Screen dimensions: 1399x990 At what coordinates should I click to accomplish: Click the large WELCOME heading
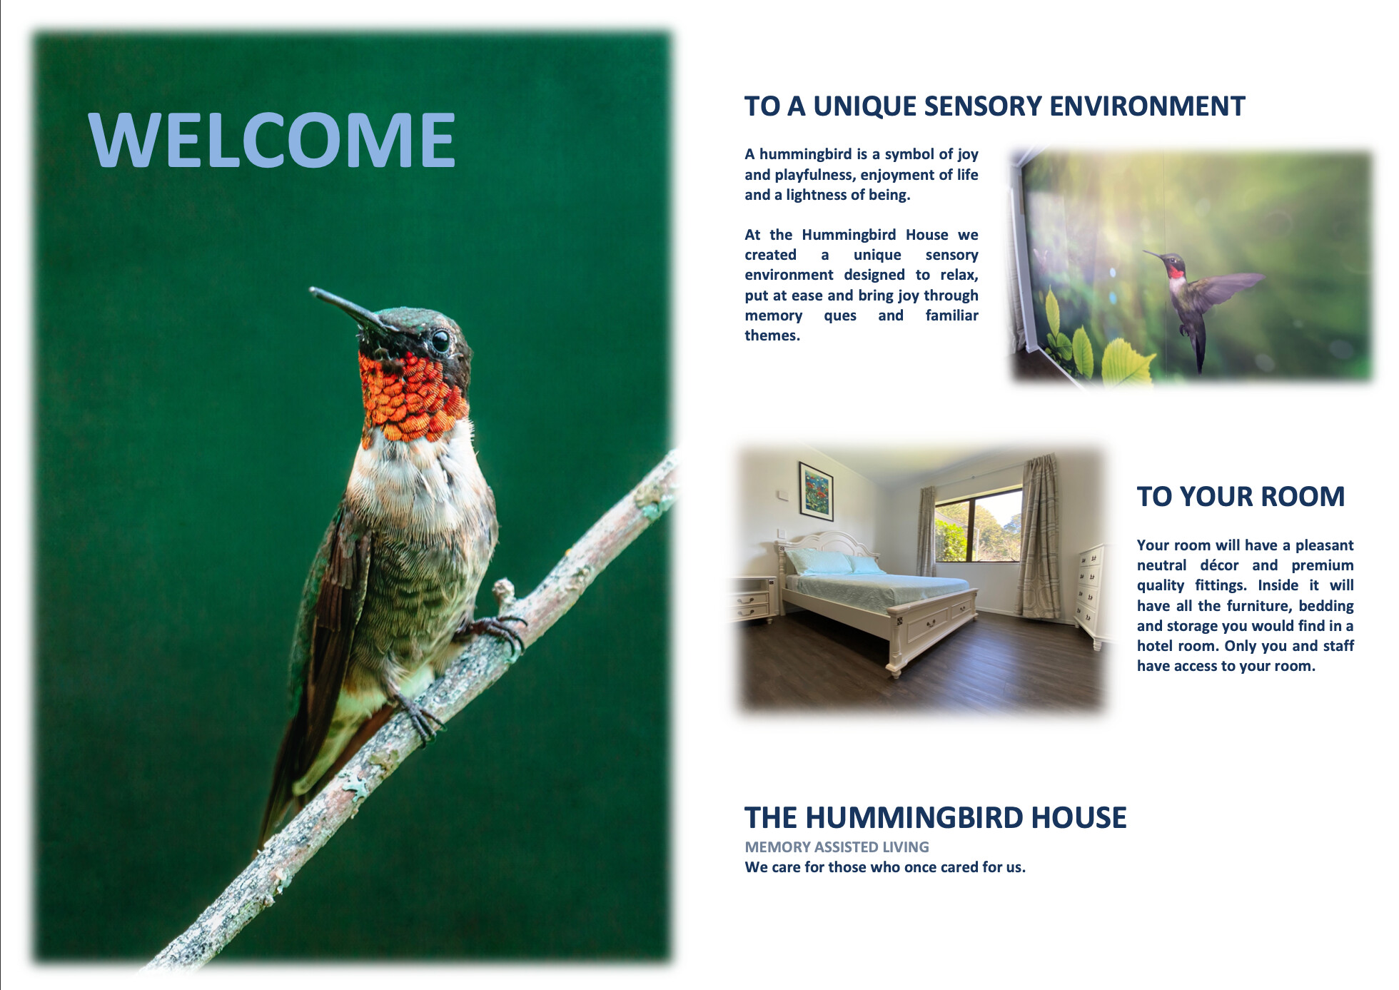click(271, 140)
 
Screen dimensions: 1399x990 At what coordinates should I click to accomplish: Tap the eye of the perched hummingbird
click(440, 340)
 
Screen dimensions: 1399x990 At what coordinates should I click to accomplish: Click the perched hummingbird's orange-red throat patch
click(413, 396)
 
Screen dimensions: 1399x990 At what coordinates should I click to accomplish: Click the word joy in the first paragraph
click(967, 154)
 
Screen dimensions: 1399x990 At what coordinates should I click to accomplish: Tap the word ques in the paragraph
click(840, 315)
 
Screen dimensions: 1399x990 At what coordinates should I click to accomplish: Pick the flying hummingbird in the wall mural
click(1199, 300)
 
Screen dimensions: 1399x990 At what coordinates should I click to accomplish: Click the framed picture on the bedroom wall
click(816, 492)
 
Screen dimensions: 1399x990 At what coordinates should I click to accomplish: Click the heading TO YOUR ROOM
click(1241, 497)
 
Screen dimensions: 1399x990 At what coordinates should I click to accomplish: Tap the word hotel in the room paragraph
click(1156, 646)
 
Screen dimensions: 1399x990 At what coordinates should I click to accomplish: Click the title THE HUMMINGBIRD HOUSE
click(935, 818)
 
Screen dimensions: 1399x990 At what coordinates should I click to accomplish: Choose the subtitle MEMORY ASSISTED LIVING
click(837, 847)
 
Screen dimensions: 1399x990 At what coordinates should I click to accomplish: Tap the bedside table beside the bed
click(754, 598)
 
